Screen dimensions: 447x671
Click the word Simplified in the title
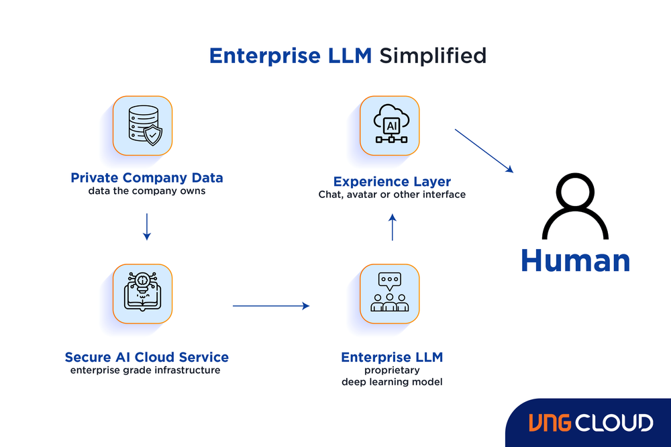[x=432, y=55]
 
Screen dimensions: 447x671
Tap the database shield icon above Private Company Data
[x=142, y=126]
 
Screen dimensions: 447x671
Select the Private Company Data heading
[x=147, y=179]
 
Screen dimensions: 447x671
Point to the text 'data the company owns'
[x=146, y=191]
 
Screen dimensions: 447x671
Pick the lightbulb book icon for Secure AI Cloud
[x=142, y=293]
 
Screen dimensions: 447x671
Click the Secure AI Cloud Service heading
[x=146, y=357]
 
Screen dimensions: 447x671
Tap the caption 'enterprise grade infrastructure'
[x=145, y=370]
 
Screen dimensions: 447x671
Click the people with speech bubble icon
[x=389, y=293]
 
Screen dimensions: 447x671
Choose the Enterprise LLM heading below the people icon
[x=392, y=357]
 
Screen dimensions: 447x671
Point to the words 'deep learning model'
[x=392, y=382]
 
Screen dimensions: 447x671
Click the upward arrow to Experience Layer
[x=393, y=228]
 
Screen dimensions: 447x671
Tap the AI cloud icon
[x=389, y=126]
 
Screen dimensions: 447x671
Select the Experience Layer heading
[x=392, y=182]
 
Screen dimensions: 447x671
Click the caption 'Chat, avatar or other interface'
[x=392, y=195]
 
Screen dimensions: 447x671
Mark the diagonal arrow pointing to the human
[x=484, y=151]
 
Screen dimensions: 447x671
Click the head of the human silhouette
[x=575, y=197]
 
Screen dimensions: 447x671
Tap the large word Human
[x=575, y=260]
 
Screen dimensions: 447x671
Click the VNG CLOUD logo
[x=590, y=423]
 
